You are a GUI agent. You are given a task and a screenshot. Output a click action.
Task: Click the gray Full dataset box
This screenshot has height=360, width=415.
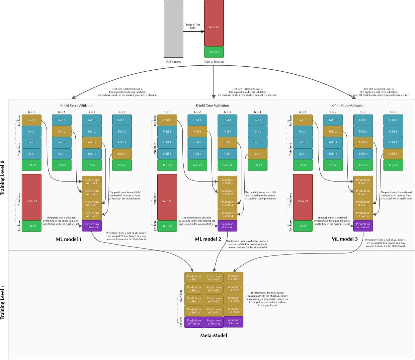coord(173,29)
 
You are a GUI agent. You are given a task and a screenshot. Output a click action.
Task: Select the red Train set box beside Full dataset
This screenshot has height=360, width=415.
coord(214,23)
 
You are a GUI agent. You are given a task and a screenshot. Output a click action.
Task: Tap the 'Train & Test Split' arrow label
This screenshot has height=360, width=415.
coord(193,26)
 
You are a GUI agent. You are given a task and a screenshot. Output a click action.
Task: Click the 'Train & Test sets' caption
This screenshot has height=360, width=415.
coord(214,62)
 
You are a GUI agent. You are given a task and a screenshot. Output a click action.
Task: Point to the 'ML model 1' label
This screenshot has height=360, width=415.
coord(68,239)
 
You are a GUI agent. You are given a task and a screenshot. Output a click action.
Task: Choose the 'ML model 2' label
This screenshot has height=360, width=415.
coord(208,239)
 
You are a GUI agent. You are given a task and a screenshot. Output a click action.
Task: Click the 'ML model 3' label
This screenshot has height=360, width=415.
coord(345,239)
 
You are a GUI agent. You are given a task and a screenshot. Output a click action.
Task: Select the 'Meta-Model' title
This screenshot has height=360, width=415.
coord(213,335)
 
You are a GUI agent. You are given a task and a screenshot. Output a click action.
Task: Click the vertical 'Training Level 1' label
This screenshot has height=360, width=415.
coord(3,302)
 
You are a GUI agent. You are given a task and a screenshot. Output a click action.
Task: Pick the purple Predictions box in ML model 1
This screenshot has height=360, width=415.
coord(92,226)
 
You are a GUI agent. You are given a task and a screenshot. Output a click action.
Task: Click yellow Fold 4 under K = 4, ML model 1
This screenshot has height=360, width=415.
coord(122,154)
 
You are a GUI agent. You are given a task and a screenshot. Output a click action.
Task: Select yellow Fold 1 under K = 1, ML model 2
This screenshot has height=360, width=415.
coord(167,120)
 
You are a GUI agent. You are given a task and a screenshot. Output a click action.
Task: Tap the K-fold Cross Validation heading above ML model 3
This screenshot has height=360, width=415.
coord(348,106)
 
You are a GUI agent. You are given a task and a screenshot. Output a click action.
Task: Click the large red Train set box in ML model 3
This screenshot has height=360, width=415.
coord(302,197)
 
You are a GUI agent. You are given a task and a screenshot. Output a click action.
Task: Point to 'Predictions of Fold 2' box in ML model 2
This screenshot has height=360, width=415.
coord(227,192)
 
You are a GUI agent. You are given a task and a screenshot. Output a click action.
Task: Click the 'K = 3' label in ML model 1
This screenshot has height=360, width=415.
coord(92,112)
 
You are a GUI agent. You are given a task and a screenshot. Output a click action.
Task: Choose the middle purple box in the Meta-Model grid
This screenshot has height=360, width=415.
coord(214,322)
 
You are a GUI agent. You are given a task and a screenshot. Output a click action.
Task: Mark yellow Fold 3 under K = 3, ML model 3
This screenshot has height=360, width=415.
coord(363,142)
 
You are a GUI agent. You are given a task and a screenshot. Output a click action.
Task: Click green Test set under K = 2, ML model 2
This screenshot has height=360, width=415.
coord(197,165)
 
